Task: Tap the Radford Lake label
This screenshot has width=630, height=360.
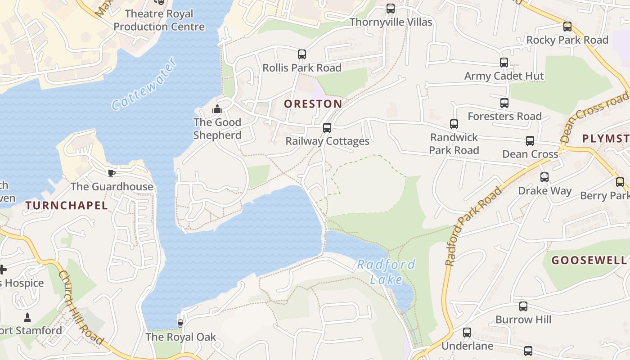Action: point(386,272)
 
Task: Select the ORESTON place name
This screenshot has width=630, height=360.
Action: point(313,104)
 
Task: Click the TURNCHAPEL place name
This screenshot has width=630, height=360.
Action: point(67,206)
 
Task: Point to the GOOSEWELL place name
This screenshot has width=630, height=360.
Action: point(589,260)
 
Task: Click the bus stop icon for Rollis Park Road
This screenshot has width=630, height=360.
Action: point(302,54)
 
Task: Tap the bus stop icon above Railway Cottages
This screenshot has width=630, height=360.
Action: point(327,128)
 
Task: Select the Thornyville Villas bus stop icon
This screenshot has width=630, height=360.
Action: point(391,9)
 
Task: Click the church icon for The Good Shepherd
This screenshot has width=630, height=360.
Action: point(217,109)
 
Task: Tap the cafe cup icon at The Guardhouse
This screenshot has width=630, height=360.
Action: point(112,173)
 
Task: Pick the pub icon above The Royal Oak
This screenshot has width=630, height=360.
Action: point(180,324)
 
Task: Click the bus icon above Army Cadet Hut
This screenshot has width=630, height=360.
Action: point(504,63)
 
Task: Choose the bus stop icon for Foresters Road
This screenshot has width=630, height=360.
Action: point(504,103)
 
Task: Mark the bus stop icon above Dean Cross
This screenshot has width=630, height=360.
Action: point(530,141)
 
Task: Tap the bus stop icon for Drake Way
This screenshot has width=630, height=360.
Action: point(544,177)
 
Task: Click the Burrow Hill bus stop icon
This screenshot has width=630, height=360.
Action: point(523,306)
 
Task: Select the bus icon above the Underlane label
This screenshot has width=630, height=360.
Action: point(467,333)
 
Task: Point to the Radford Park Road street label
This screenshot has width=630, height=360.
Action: point(473,226)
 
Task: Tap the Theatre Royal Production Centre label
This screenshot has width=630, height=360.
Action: point(159,20)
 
